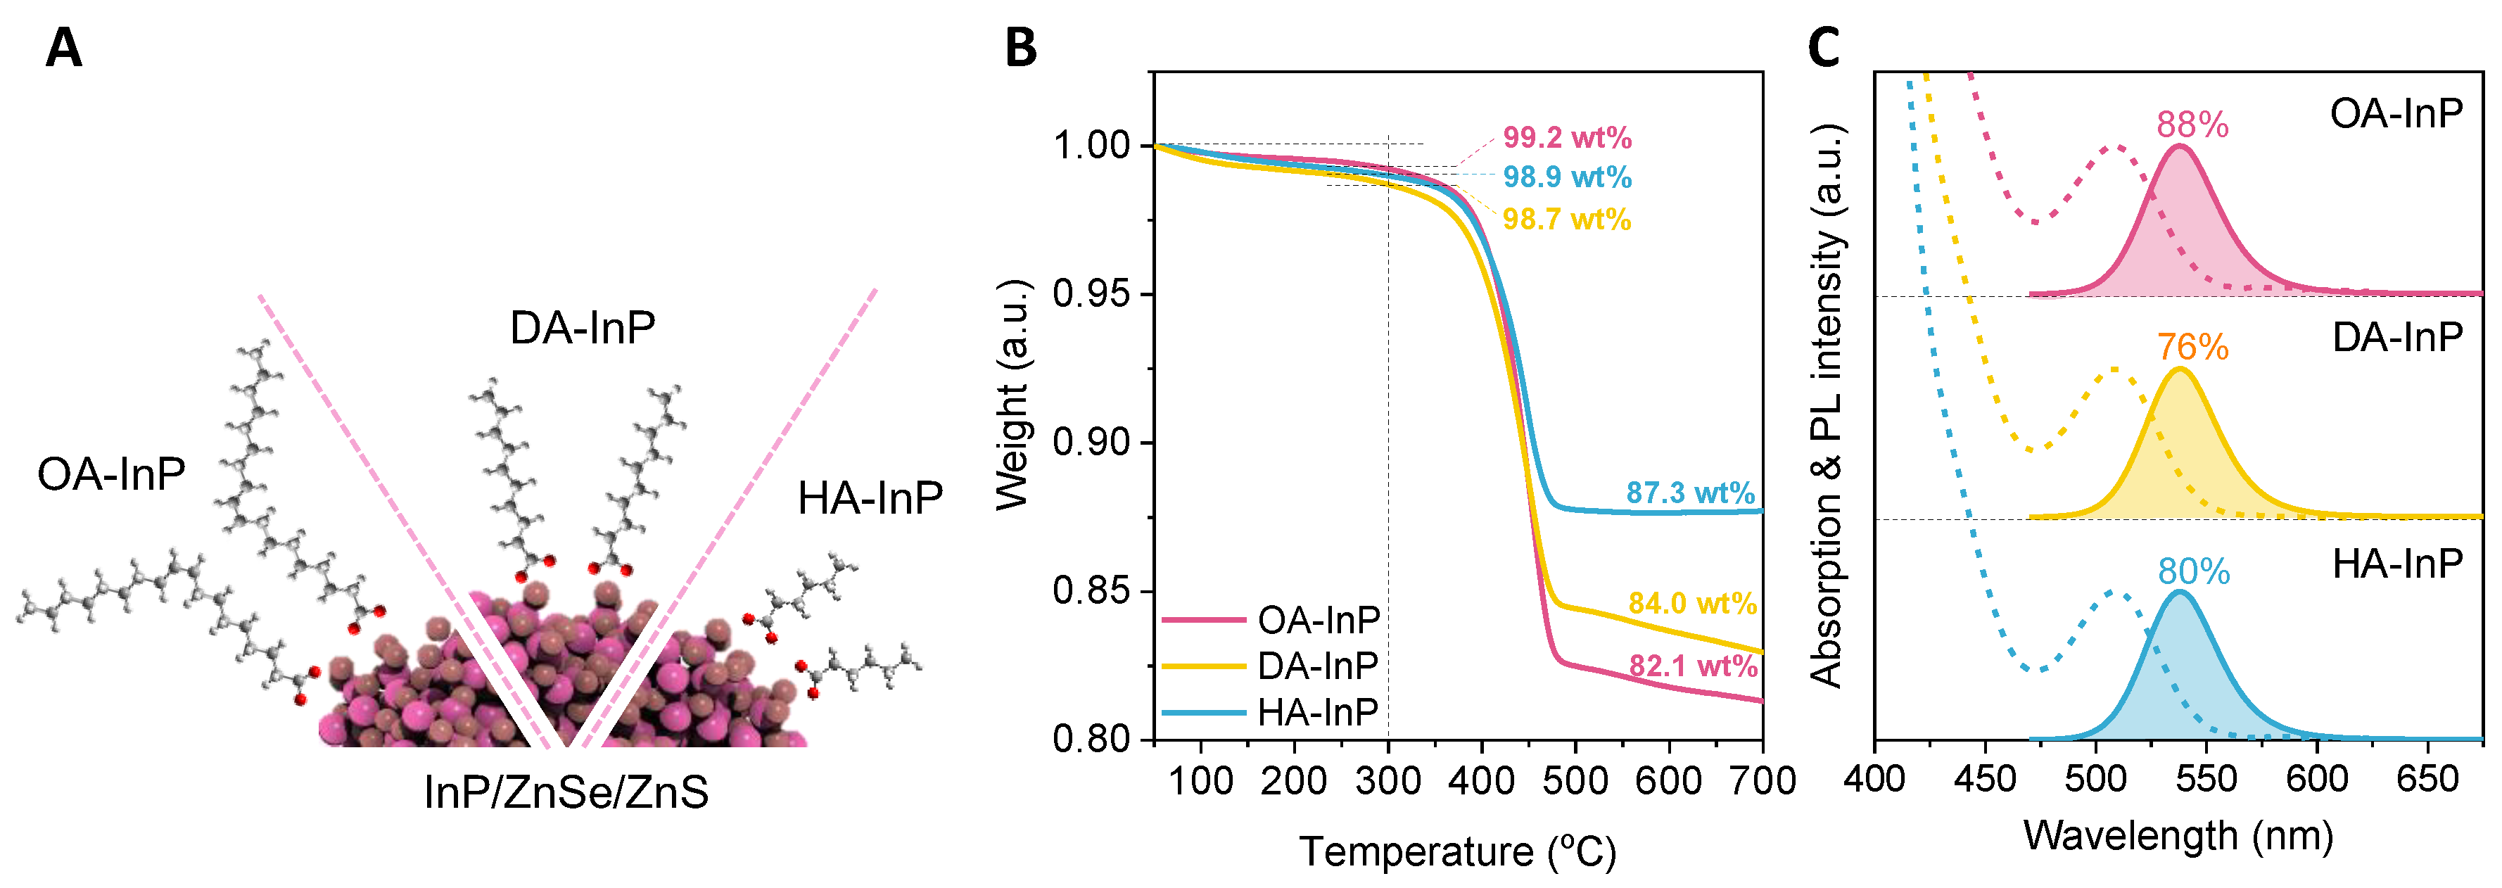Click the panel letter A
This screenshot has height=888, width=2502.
63,48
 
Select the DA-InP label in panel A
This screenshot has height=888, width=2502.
582,329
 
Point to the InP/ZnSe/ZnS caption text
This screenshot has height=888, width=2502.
566,792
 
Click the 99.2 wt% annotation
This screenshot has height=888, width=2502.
1567,138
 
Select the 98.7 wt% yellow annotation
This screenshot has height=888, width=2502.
1567,220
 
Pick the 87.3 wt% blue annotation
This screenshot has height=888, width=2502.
1690,493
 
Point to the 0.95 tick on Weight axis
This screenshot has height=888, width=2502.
1092,294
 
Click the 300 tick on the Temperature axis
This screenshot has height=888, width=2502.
1388,780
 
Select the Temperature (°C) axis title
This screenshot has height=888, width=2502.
1458,851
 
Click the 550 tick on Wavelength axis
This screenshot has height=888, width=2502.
2206,779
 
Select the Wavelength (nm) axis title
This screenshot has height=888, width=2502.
2178,835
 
